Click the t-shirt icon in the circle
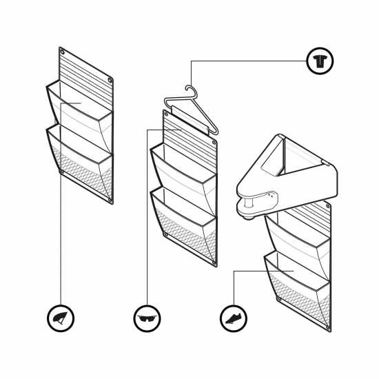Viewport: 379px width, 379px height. tap(320, 61)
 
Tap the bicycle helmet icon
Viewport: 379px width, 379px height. tap(61, 318)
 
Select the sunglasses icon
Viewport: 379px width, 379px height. tap(147, 318)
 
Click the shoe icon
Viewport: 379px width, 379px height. tap(234, 318)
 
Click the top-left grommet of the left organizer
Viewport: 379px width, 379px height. tap(63, 52)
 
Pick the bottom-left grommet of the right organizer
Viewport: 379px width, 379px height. tap(278, 300)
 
